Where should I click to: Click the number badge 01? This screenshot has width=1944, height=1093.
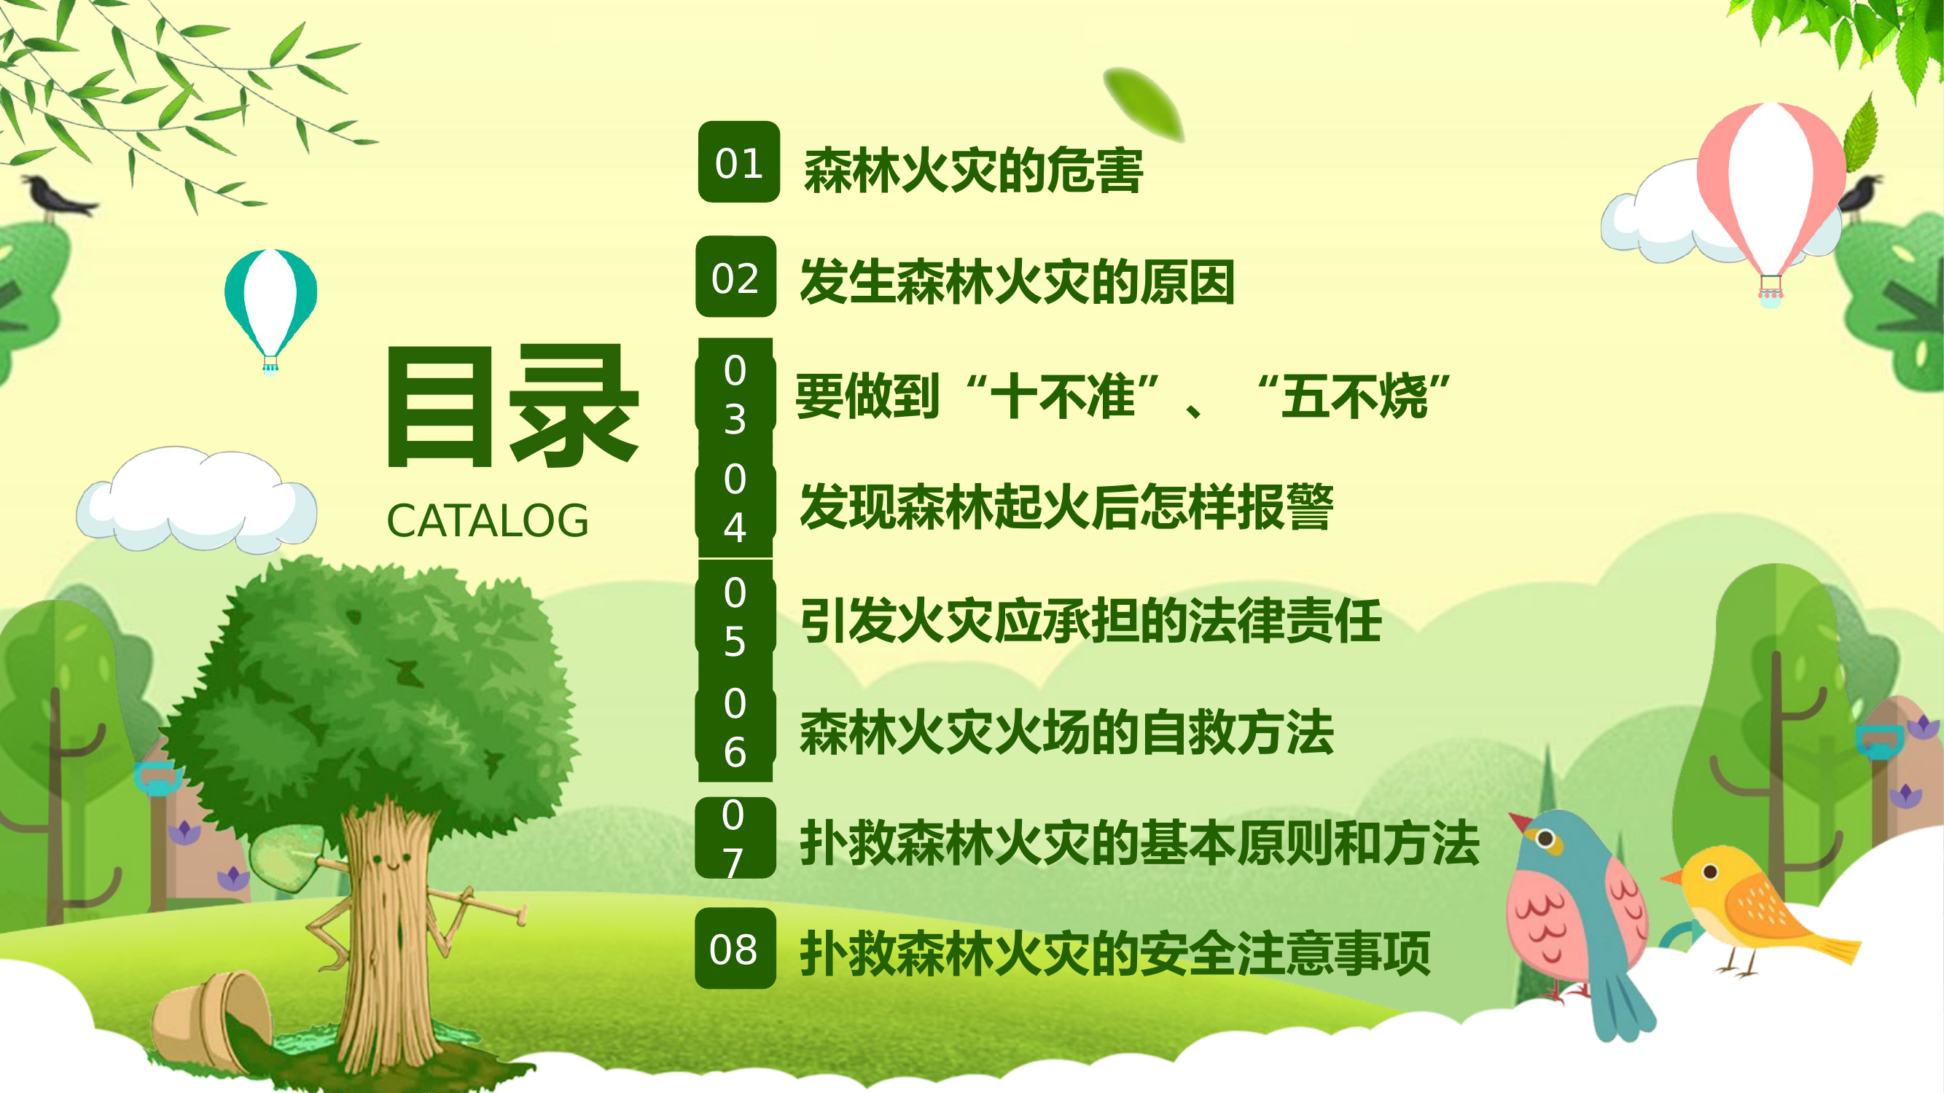[738, 162]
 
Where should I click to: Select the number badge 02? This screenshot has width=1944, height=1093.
[735, 278]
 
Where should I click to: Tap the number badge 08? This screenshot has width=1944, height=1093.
[735, 949]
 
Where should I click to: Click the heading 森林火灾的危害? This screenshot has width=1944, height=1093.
[974, 171]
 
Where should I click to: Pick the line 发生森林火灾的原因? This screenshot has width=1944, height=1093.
[1017, 282]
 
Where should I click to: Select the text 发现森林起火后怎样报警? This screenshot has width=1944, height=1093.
[1066, 506]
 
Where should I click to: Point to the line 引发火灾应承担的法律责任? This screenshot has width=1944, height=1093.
[1090, 621]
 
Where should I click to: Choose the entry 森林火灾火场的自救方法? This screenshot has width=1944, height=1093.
[1066, 732]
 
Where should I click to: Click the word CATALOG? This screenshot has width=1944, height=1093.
[487, 521]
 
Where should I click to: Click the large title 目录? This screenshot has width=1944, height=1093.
[512, 407]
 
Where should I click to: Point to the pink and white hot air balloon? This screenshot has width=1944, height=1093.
[1771, 192]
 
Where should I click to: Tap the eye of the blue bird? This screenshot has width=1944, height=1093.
[1545, 838]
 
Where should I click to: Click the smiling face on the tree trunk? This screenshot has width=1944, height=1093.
[389, 860]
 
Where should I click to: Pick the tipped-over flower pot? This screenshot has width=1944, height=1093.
[211, 1019]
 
